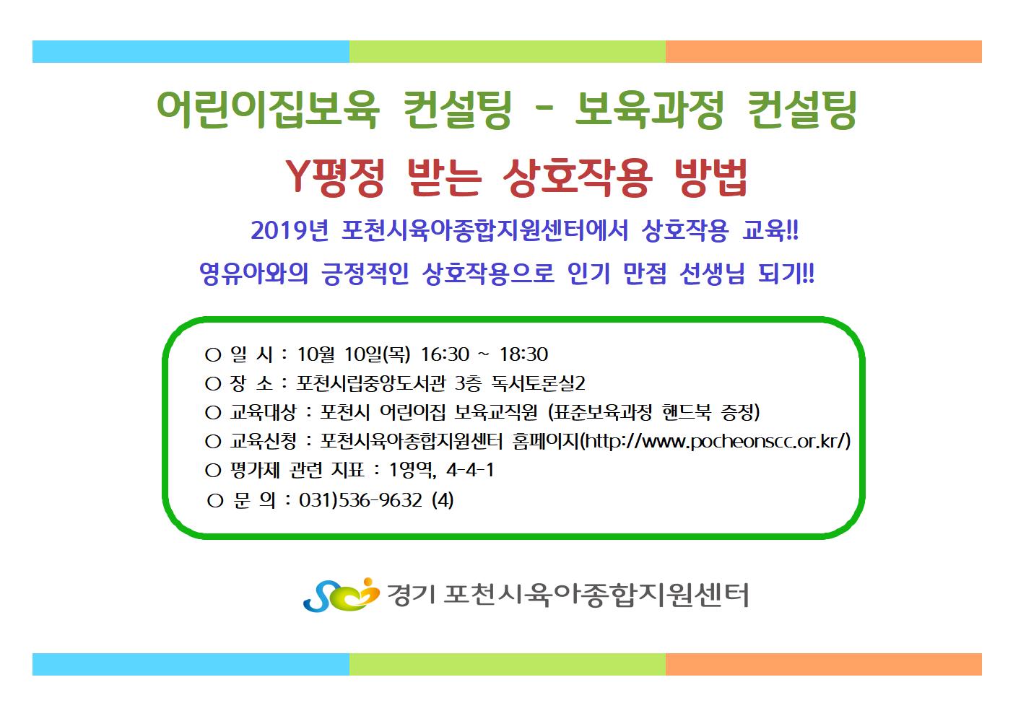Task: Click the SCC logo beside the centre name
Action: (x=342, y=595)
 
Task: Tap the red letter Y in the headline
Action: (x=299, y=176)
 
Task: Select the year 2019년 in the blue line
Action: (x=290, y=230)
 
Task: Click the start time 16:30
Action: (x=445, y=354)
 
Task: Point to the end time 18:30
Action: (x=523, y=354)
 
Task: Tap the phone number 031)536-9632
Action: (x=360, y=500)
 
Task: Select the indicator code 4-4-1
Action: (x=470, y=470)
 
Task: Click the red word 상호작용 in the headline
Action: (x=578, y=177)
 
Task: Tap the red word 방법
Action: (x=710, y=177)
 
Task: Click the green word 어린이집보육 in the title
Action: (x=268, y=109)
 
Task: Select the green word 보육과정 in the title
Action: (x=649, y=109)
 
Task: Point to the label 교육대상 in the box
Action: (x=264, y=412)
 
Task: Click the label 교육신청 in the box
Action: (x=264, y=441)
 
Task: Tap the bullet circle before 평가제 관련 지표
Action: (x=213, y=471)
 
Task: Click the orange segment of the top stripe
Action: (x=824, y=51)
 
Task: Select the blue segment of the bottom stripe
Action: (x=191, y=664)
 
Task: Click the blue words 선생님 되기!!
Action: (x=747, y=274)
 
